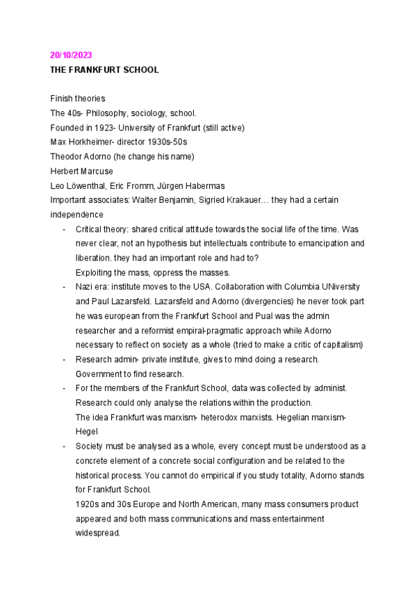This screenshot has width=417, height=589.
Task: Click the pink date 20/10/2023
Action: [x=71, y=55]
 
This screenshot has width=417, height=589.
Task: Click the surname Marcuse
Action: [x=97, y=171]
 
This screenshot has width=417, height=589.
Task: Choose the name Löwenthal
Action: [x=86, y=185]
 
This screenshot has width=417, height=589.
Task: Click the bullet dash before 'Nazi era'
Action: [x=65, y=287]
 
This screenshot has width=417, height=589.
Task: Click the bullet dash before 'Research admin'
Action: [x=65, y=359]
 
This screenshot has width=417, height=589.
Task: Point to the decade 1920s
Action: [x=88, y=504]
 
